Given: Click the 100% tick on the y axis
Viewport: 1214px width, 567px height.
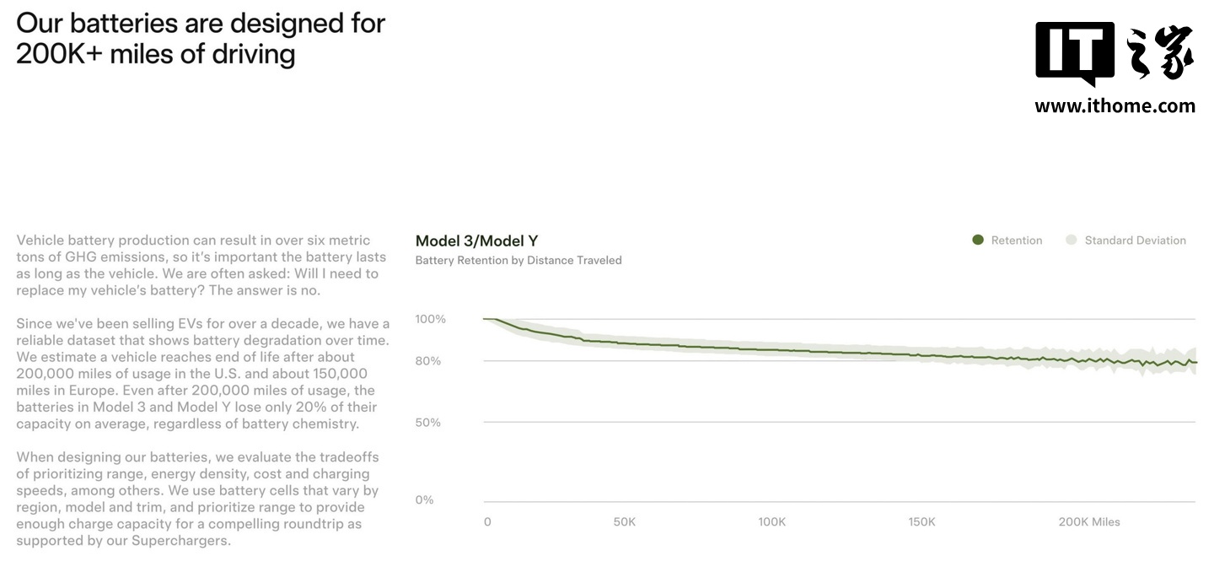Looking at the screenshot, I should pyautogui.click(x=430, y=319).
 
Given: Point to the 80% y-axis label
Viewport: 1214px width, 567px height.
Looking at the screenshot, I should pyautogui.click(x=427, y=361).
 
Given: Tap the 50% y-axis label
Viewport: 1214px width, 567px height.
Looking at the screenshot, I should pyautogui.click(x=427, y=422).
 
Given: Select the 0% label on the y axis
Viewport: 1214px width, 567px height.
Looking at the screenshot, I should pyautogui.click(x=424, y=499).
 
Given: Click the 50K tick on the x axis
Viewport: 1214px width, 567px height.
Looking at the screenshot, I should pyautogui.click(x=625, y=522).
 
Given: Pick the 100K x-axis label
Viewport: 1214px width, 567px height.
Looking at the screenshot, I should pyautogui.click(x=772, y=522).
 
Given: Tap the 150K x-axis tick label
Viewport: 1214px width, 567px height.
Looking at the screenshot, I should pyautogui.click(x=921, y=522).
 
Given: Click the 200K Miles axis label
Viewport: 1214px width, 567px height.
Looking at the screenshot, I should pyautogui.click(x=1089, y=522).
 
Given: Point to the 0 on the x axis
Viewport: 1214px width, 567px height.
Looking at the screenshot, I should pyautogui.click(x=487, y=522).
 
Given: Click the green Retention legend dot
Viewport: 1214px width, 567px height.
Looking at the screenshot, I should pyautogui.click(x=978, y=240).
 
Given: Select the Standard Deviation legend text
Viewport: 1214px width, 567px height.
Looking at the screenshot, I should pyautogui.click(x=1135, y=240).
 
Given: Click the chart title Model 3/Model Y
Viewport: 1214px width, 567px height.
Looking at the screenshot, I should pyautogui.click(x=476, y=241).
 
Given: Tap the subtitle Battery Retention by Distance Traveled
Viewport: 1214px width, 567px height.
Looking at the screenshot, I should pyautogui.click(x=518, y=261).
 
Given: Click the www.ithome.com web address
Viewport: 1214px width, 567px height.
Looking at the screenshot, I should pyautogui.click(x=1115, y=106).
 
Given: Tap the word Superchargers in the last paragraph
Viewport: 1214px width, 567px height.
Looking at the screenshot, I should pyautogui.click(x=181, y=540).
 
